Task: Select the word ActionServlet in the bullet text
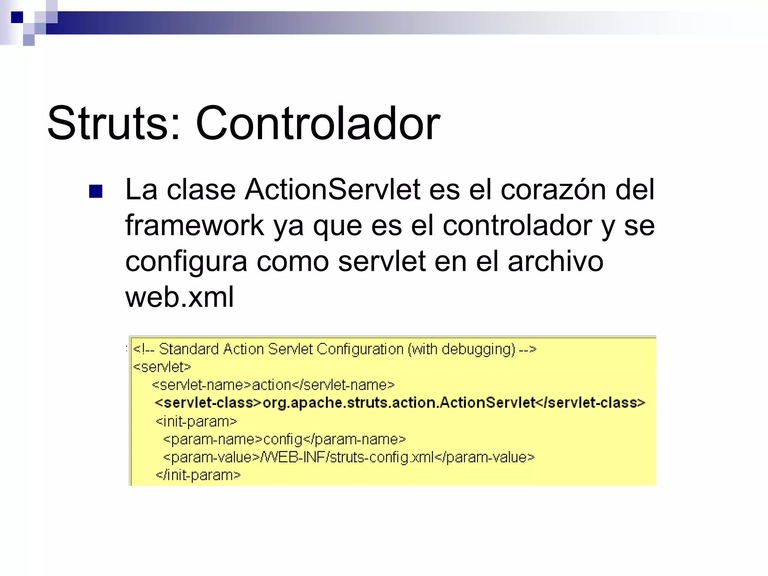click(x=332, y=190)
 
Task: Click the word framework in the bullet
click(x=195, y=226)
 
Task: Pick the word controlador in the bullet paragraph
click(x=517, y=226)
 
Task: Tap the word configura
click(x=186, y=262)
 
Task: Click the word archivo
click(x=555, y=262)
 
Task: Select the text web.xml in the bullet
click(x=180, y=297)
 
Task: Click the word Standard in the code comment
click(x=189, y=349)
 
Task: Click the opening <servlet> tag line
click(x=162, y=367)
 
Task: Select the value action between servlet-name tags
click(x=271, y=385)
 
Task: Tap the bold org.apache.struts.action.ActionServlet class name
click(x=399, y=403)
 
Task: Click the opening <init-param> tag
click(x=196, y=421)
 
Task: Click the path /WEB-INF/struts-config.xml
click(x=347, y=457)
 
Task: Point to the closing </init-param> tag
click(x=198, y=475)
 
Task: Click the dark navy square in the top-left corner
click(x=17, y=17)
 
